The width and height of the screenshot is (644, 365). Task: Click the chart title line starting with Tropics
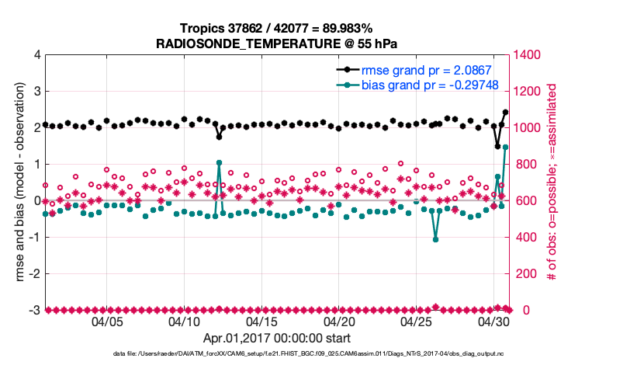277,28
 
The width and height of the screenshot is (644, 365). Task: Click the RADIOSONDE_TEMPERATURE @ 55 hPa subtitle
277,43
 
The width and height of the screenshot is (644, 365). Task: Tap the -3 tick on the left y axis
34,310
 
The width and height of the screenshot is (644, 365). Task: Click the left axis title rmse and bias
16,182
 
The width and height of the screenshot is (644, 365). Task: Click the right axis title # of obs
552,182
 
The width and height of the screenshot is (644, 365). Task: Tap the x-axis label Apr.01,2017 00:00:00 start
277,339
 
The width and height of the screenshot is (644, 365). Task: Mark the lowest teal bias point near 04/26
436,239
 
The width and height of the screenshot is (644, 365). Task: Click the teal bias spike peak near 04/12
220,163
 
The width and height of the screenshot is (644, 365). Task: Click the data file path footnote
309,353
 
